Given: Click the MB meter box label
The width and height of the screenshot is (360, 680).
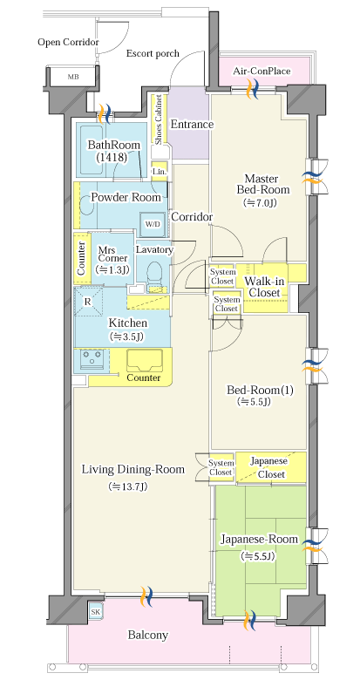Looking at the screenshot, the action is click(73, 78).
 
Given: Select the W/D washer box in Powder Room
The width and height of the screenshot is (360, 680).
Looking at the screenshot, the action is click(153, 224).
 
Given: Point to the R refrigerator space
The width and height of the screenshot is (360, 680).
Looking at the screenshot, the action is click(88, 302).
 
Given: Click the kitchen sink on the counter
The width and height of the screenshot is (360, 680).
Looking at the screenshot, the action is click(145, 361).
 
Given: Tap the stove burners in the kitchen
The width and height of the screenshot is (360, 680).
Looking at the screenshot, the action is click(92, 359).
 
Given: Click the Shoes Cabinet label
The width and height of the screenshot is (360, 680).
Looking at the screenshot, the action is click(159, 119).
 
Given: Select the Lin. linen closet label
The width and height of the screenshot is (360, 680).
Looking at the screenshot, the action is click(159, 171).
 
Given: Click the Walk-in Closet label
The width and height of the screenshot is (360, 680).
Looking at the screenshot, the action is click(265, 287).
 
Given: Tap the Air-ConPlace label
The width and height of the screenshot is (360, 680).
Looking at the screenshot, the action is click(262, 71).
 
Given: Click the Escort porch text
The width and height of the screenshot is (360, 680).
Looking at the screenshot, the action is click(153, 54).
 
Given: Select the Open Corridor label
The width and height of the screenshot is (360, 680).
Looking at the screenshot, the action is click(69, 43).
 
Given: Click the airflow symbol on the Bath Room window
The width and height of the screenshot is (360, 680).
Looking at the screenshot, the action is click(105, 113).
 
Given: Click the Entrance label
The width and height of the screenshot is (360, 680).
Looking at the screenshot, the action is click(192, 125).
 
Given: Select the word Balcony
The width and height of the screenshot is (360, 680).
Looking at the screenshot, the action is click(148, 636).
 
